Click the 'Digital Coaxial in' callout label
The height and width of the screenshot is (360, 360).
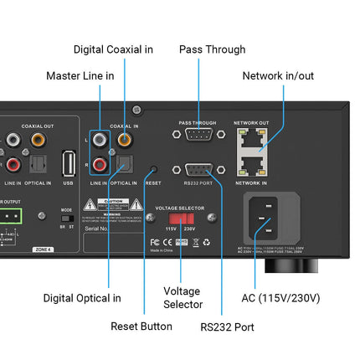(x=113, y=49)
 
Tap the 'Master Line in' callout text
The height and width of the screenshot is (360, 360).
(x=80, y=76)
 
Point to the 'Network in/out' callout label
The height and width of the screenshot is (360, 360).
(x=278, y=76)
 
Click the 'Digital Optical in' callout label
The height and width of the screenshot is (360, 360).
(x=82, y=297)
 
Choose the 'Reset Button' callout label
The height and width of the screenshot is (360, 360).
(x=141, y=327)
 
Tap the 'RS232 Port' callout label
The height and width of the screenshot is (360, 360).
(x=227, y=327)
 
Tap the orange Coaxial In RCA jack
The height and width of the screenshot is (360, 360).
(x=124, y=141)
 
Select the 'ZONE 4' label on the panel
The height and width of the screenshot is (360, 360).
(x=43, y=249)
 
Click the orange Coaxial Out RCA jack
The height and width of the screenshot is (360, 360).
(x=38, y=141)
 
